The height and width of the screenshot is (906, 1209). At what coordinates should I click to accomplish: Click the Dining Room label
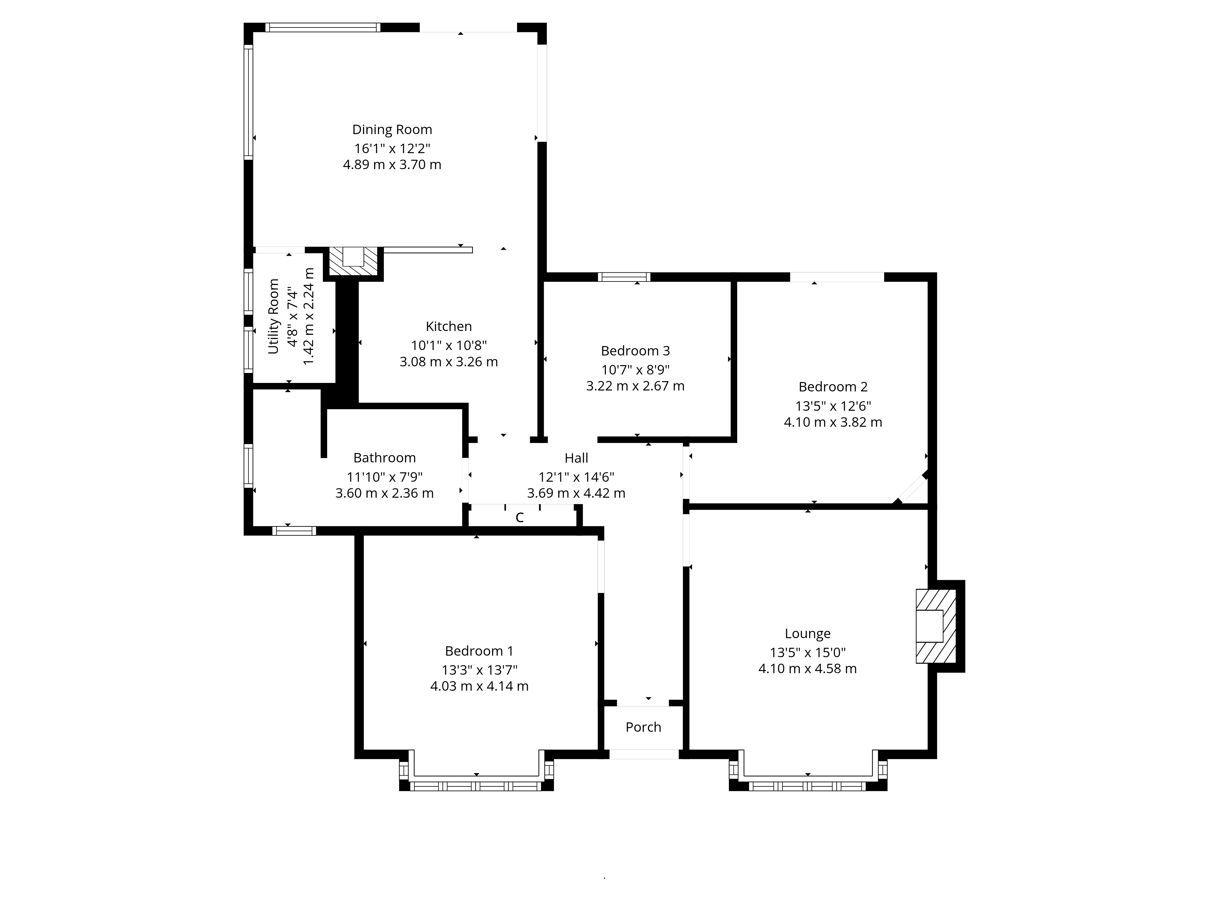[x=392, y=130]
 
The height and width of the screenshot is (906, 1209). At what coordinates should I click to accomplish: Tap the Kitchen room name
[x=449, y=326]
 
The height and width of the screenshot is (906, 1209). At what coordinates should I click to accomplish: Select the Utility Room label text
[x=273, y=316]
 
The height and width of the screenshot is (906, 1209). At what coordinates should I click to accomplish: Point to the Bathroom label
[x=384, y=458]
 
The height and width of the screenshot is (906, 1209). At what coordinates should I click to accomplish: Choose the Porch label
[x=643, y=727]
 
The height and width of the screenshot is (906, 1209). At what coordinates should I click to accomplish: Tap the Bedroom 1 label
[x=479, y=651]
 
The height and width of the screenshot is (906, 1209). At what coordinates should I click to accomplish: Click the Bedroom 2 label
[x=833, y=387]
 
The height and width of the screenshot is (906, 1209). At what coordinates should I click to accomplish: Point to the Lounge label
[x=807, y=634]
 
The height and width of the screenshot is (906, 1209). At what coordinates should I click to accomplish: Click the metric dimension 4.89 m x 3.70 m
[x=392, y=164]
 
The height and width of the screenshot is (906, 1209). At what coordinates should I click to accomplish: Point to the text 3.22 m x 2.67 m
[x=635, y=386]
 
